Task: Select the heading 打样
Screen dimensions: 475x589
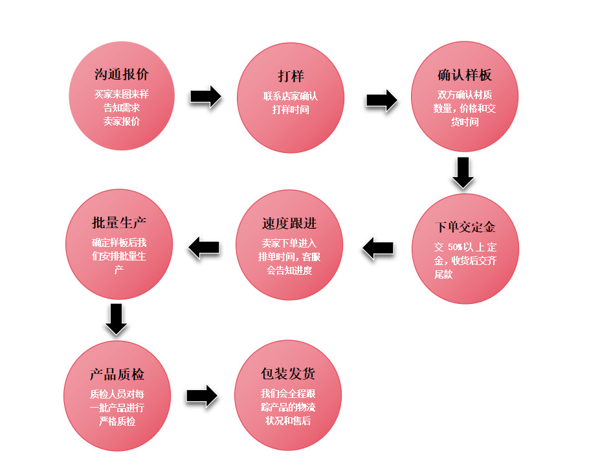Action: coord(291,76)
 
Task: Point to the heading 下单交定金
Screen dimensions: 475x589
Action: coord(465,227)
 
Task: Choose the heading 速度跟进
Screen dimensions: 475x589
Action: coord(289,224)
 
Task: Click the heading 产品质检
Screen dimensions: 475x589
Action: coord(117,375)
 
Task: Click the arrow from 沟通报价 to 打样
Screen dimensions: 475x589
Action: coord(206,97)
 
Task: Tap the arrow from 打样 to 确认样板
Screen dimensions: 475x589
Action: coord(381,100)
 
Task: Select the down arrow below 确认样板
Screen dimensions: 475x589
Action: coord(463,172)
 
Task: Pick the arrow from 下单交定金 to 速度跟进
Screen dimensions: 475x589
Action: coord(378,248)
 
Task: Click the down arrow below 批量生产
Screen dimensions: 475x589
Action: coord(116,318)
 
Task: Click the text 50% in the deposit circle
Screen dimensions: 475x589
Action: coord(453,248)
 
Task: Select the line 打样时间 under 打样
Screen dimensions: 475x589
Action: coord(291,110)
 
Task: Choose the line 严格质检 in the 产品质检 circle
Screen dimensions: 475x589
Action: coord(117,422)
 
